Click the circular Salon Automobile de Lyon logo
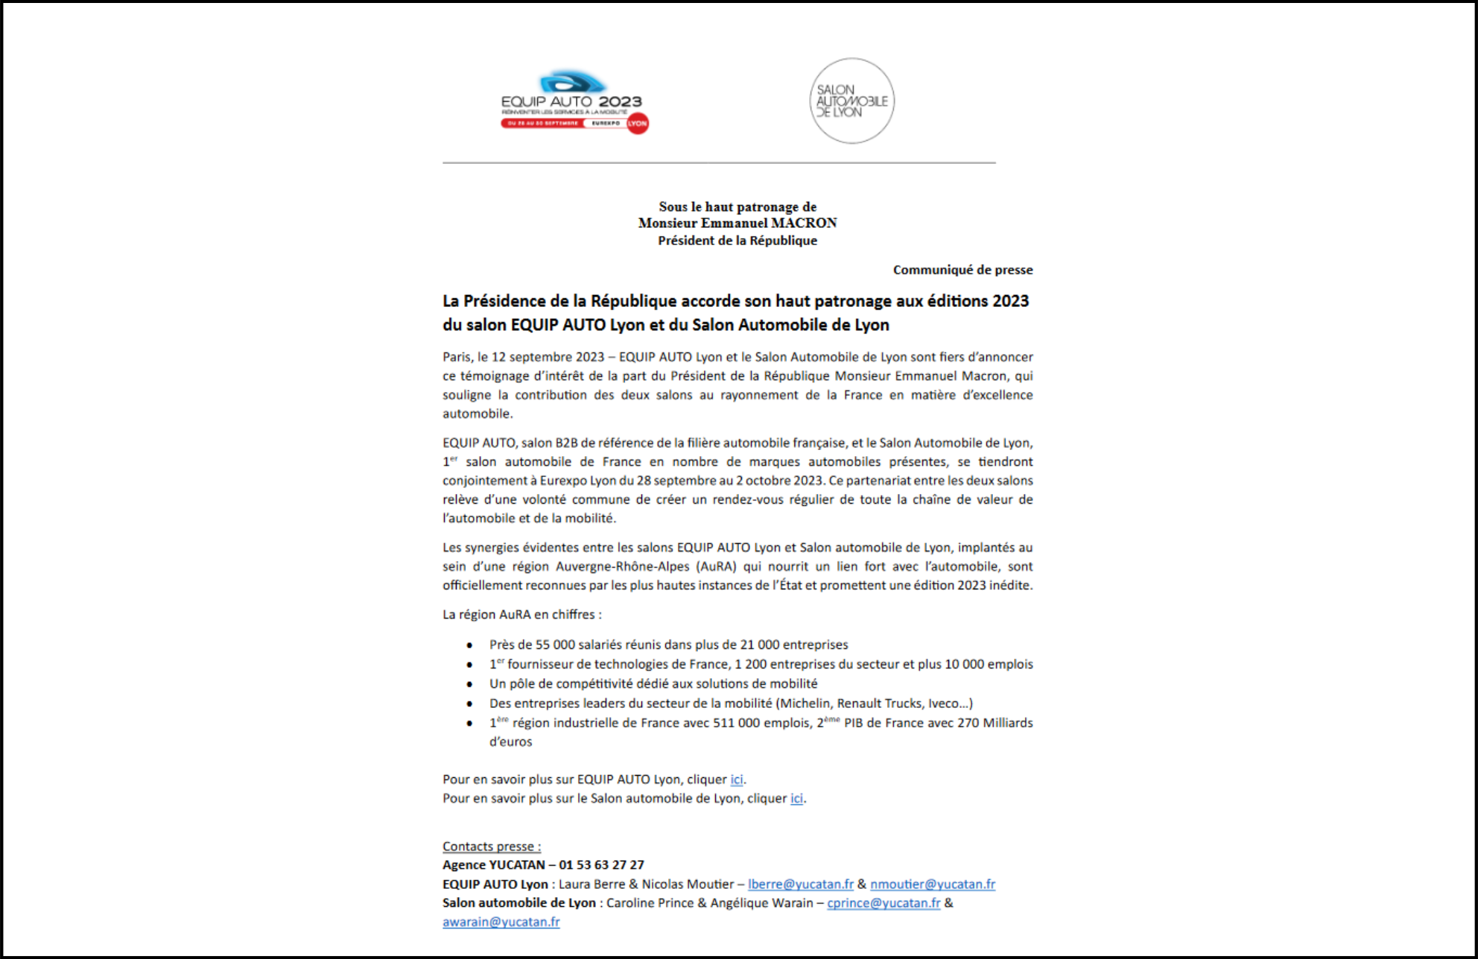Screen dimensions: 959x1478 click(x=851, y=101)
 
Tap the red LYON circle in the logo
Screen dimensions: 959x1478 click(x=638, y=124)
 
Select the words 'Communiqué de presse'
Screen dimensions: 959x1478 click(x=962, y=270)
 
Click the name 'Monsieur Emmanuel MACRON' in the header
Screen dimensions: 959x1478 click(x=738, y=223)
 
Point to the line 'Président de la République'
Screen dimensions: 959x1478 click(x=738, y=241)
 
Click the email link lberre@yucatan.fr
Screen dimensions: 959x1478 click(x=800, y=884)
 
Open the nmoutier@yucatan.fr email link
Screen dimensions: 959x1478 click(x=932, y=884)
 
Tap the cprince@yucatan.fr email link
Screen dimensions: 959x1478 click(x=884, y=903)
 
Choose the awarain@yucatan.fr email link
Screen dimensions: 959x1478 click(x=501, y=922)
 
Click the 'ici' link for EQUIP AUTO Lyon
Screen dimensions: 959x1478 click(x=736, y=779)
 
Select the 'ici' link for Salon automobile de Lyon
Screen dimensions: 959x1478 click(x=796, y=799)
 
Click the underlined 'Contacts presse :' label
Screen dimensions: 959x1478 click(x=492, y=846)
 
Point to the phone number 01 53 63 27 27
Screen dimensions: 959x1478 click(x=601, y=865)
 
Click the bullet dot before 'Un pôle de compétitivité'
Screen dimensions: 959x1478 click(x=469, y=684)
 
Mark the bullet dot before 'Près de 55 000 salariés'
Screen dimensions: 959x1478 click(x=469, y=645)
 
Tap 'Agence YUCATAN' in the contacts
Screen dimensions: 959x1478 click(x=493, y=865)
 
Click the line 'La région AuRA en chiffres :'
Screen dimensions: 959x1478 click(x=521, y=615)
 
